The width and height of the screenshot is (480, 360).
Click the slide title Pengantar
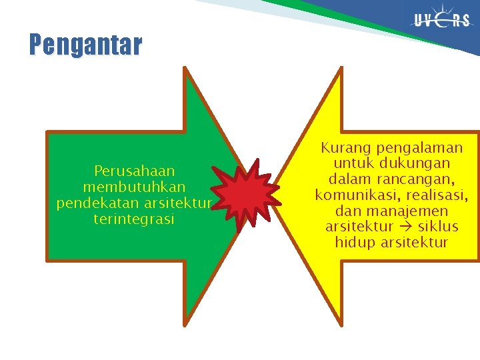click(x=85, y=45)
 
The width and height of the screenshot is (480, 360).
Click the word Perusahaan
click(x=134, y=171)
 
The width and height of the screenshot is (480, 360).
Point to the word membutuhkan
click(x=134, y=187)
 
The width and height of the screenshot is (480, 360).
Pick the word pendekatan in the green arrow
click(x=94, y=203)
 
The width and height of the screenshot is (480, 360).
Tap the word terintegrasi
click(x=134, y=219)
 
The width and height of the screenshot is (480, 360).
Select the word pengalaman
click(x=419, y=147)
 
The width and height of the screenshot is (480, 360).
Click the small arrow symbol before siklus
click(x=406, y=227)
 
